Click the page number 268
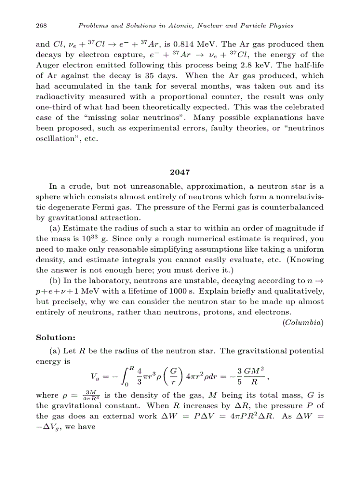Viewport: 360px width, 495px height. pos(41,26)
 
